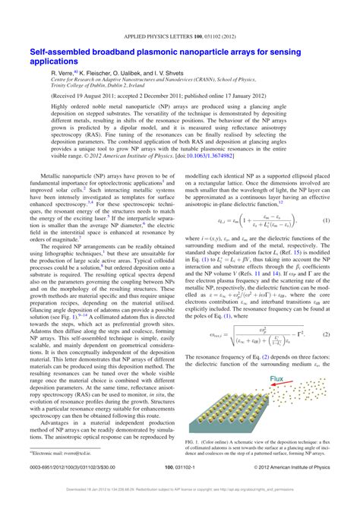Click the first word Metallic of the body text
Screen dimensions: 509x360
click(47, 174)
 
